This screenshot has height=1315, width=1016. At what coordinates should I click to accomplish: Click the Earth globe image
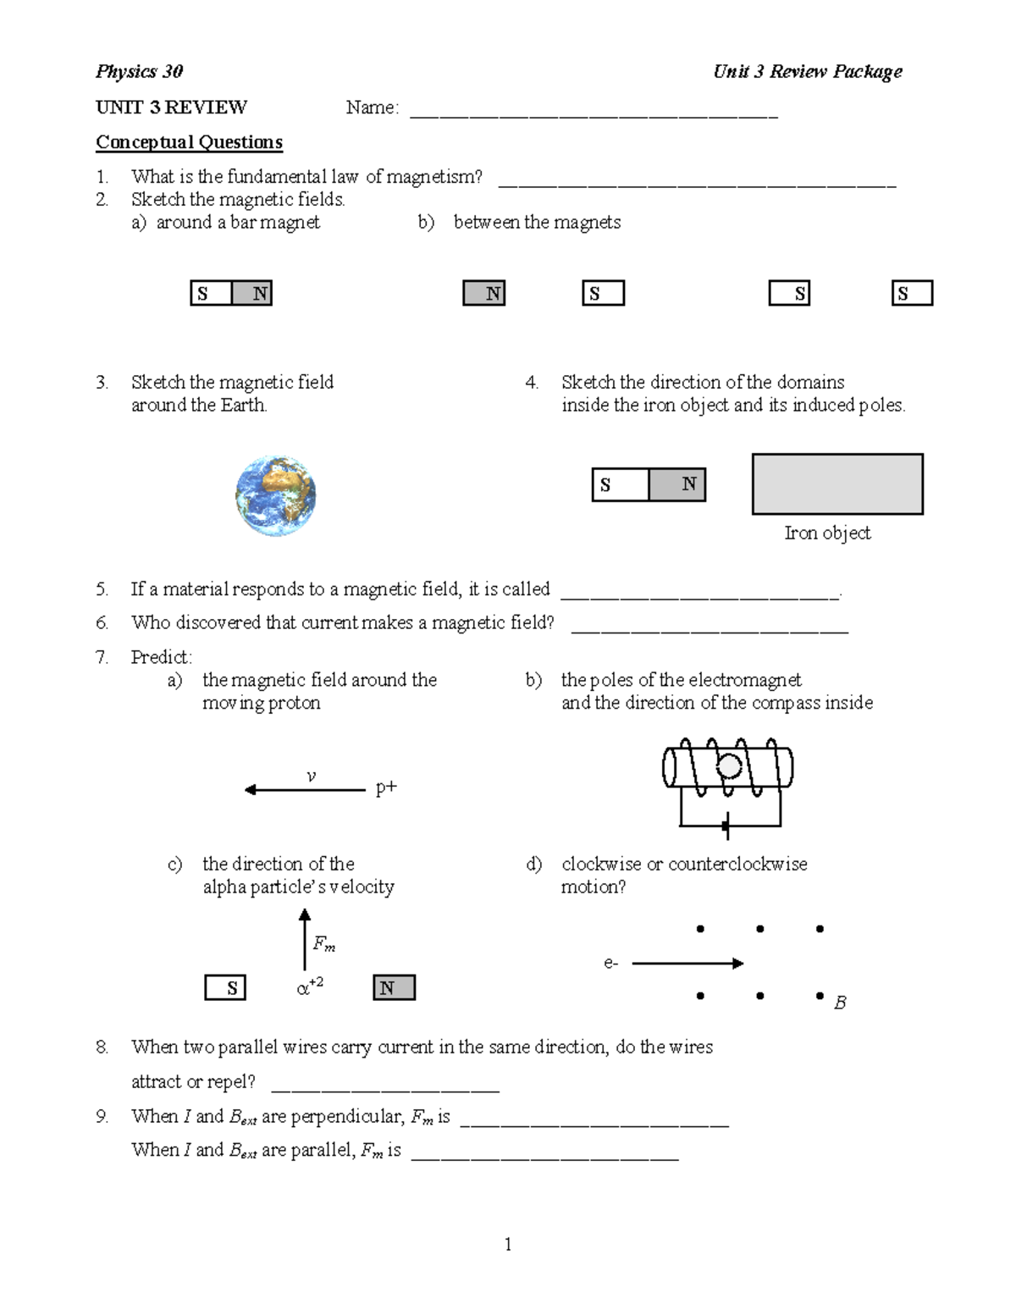click(276, 496)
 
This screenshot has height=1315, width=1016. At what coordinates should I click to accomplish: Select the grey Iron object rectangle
click(837, 484)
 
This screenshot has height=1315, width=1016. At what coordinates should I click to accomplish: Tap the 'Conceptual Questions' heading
click(189, 142)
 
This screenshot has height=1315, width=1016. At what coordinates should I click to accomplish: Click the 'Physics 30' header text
click(139, 71)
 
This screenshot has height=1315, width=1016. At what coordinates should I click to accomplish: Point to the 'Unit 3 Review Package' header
click(807, 71)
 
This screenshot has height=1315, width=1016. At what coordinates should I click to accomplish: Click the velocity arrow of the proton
click(305, 790)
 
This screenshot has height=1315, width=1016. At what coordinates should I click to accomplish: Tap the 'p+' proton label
click(386, 787)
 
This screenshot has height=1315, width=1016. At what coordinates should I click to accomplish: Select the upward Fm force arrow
click(305, 940)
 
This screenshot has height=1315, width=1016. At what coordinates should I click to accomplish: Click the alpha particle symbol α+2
click(309, 987)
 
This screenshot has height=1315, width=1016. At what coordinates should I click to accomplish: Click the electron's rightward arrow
click(687, 963)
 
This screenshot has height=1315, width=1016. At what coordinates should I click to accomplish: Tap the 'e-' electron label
click(611, 963)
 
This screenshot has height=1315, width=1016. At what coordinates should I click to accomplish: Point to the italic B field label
click(840, 1003)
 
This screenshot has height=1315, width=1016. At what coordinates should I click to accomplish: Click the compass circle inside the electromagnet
click(729, 767)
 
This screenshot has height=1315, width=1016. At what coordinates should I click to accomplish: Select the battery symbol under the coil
click(726, 826)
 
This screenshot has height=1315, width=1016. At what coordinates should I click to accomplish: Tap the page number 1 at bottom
click(508, 1244)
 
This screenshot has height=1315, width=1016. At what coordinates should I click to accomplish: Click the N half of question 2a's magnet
click(251, 294)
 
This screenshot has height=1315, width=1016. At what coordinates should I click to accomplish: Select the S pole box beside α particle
click(225, 988)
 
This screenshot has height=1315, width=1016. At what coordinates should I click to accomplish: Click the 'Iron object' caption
click(827, 533)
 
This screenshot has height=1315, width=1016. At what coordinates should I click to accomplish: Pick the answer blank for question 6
click(710, 630)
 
